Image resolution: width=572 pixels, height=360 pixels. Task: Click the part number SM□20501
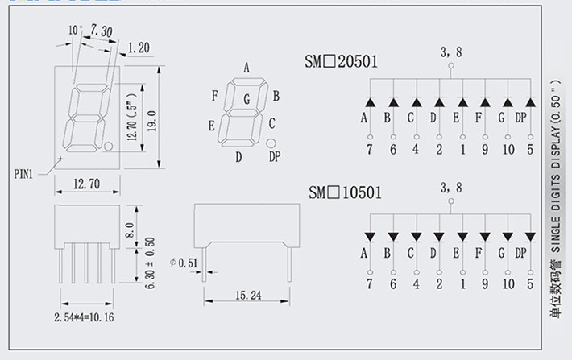[x=342, y=61]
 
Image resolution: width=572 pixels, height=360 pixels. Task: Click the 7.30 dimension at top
[x=102, y=31]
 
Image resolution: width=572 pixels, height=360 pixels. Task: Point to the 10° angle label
[x=75, y=30]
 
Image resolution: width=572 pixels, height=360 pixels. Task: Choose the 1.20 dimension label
[x=139, y=48]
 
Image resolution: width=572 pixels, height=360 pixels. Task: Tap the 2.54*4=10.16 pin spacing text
[x=83, y=317]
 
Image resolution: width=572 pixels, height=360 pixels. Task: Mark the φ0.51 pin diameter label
[x=184, y=262]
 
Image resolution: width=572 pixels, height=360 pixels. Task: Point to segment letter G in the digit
[x=247, y=100]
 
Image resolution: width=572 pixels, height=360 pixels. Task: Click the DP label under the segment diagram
[x=274, y=156]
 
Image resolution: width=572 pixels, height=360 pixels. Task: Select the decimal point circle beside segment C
[x=271, y=142]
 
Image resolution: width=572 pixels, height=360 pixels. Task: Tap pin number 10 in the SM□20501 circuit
[x=508, y=149]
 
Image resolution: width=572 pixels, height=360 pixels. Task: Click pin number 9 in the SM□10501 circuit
[x=485, y=283]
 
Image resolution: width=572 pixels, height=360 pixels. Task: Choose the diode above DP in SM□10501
[x=530, y=237]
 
